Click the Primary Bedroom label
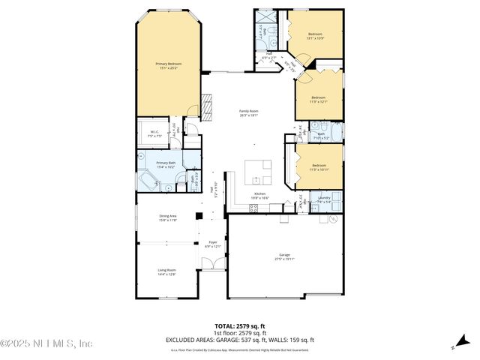169,66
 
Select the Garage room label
284,256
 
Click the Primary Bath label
166,164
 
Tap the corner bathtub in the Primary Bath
146,180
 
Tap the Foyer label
213,244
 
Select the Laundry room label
324,199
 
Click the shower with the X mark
266,18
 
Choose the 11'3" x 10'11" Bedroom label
319,166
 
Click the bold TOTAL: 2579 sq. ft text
240,326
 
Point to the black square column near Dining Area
199,216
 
